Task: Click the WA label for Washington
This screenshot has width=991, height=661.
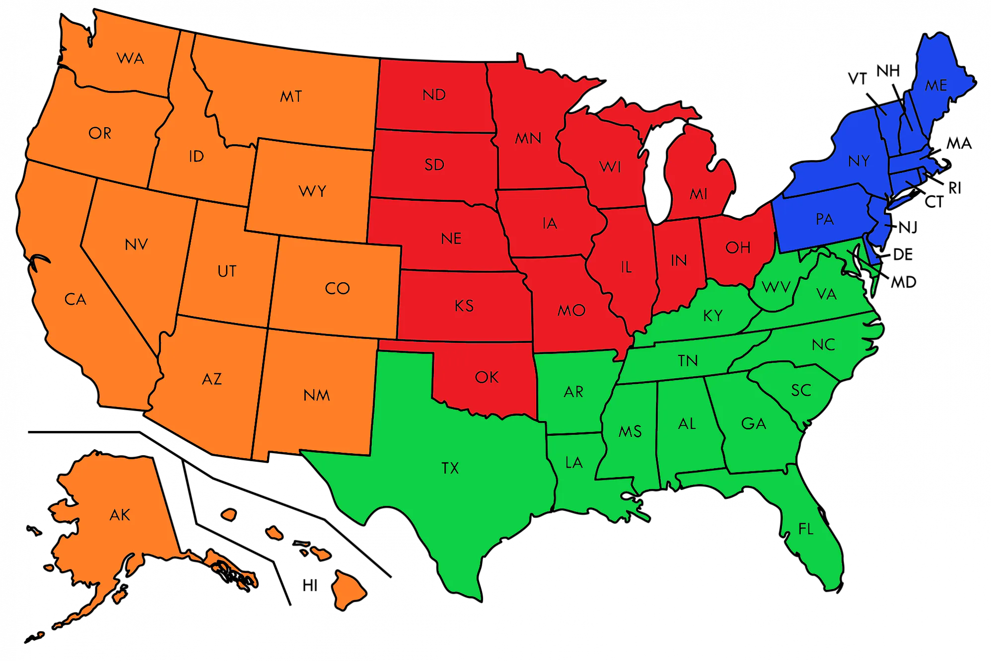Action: coord(131,59)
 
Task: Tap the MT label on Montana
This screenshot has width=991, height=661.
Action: coord(291,96)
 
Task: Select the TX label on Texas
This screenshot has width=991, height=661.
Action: coord(450,468)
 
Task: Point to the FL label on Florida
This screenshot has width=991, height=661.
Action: coord(806,529)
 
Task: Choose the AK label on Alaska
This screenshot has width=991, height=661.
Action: coord(120,515)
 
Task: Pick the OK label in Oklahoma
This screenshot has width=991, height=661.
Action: coord(487,377)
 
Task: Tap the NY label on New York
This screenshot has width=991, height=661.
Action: coord(859,161)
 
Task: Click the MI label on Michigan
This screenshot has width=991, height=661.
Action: coord(699,194)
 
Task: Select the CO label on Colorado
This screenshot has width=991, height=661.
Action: coord(337,288)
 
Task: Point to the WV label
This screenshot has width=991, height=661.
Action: coord(776,287)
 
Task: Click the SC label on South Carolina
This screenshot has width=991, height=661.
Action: coord(801,391)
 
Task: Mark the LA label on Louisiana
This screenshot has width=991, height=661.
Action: coord(574,463)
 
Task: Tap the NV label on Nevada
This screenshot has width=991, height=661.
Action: coord(136,245)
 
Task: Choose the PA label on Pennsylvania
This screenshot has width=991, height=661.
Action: coord(825,219)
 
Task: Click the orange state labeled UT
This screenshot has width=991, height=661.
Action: coord(227,271)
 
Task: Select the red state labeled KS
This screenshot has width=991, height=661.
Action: coord(464,306)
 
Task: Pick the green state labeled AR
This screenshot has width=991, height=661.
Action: coord(573,392)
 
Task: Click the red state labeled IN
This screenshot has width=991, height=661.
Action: coord(679,260)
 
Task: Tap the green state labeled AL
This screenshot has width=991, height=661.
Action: coord(687,424)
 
